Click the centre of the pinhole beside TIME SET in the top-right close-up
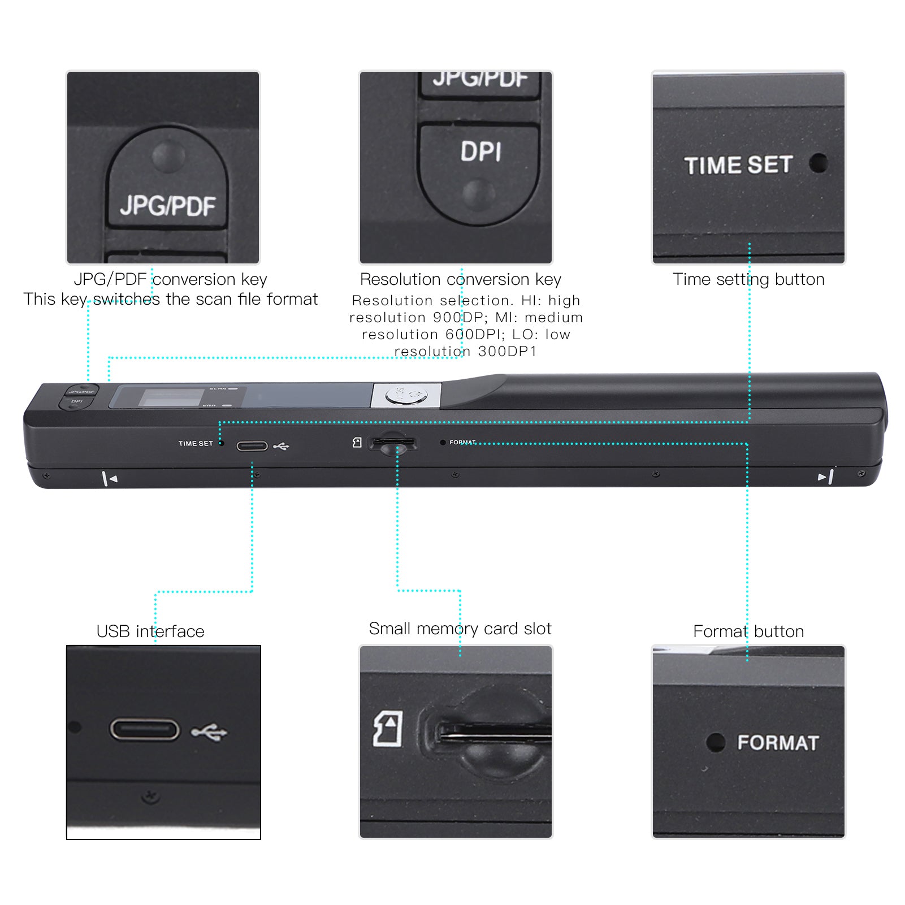click(818, 163)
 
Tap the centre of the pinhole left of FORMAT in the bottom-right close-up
click(716, 742)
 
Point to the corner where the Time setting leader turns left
click(749, 422)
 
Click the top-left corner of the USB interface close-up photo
click(67, 646)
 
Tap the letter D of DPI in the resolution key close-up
click(469, 151)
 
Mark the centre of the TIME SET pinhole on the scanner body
click(222, 443)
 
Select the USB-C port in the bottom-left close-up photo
click(145, 729)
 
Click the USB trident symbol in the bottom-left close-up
click(209, 733)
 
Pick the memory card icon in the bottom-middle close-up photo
click(388, 729)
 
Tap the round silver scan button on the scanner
click(406, 396)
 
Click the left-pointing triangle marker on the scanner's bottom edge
click(114, 479)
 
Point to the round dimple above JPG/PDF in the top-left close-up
click(168, 157)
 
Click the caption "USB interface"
click(150, 631)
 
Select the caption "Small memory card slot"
click(460, 629)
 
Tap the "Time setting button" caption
click(748, 279)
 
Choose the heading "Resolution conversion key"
click(461, 279)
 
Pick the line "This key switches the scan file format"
click(170, 299)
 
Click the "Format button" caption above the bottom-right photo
click(748, 631)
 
